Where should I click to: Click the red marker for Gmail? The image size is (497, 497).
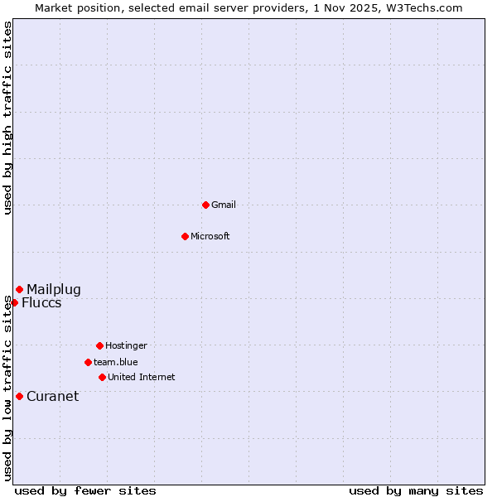(x=205, y=205)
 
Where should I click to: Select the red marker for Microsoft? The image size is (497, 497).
(x=185, y=236)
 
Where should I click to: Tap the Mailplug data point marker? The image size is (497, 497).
(x=19, y=289)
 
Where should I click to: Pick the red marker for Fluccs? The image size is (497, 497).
(x=14, y=302)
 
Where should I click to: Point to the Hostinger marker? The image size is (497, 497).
(x=99, y=345)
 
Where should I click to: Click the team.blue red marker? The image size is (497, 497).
(x=88, y=362)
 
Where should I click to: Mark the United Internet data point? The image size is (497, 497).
(x=102, y=377)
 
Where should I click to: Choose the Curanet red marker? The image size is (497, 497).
(x=19, y=396)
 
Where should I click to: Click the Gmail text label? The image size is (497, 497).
(x=224, y=205)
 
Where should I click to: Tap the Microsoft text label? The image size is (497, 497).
(x=210, y=236)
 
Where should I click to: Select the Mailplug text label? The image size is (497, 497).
(x=54, y=289)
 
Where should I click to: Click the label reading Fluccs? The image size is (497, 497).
(x=41, y=302)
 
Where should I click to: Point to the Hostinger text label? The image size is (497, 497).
(x=126, y=345)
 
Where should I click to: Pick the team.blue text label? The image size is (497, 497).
(x=116, y=362)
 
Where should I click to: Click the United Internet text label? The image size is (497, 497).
(x=142, y=377)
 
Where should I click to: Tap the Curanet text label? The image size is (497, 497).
(x=53, y=396)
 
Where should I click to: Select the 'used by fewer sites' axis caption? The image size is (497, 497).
(x=85, y=490)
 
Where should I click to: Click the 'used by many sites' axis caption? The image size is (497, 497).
(x=416, y=490)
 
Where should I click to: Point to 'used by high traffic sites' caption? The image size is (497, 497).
(x=7, y=118)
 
